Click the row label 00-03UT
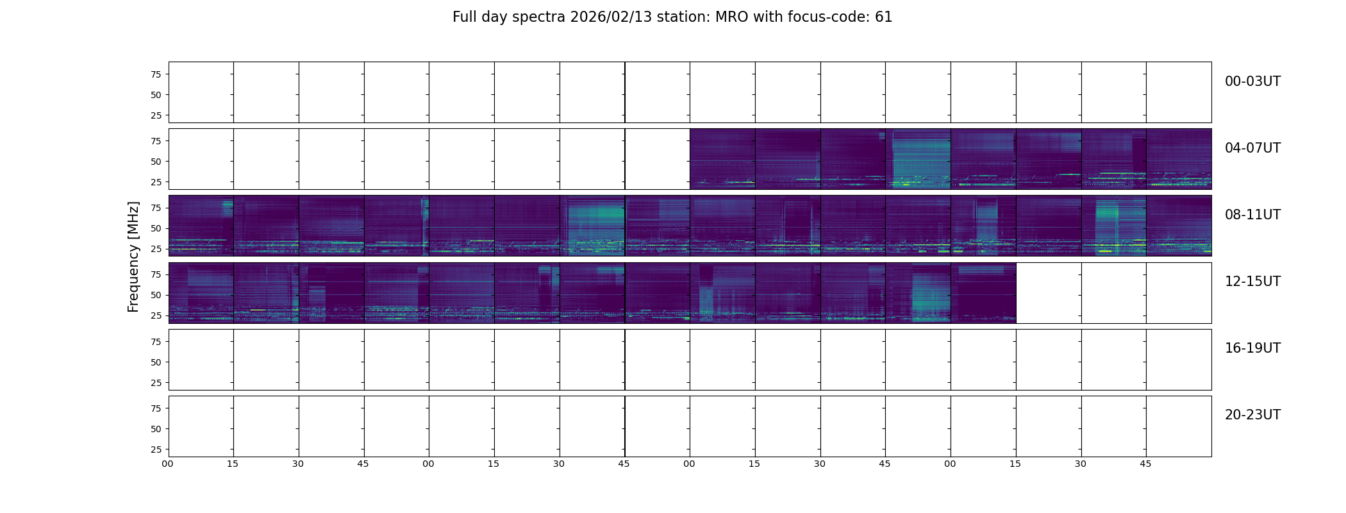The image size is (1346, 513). [1252, 81]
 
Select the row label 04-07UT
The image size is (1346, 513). [1252, 148]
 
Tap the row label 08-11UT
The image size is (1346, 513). [1252, 215]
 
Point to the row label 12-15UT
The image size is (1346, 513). [1252, 282]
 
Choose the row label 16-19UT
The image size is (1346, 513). [1252, 348]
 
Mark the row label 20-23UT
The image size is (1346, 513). [1252, 415]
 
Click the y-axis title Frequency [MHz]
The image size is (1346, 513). [133, 256]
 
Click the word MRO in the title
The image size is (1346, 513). [722, 17]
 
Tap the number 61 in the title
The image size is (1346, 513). [883, 17]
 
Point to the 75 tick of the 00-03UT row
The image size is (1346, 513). [156, 74]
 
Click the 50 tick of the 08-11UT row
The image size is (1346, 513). [156, 228]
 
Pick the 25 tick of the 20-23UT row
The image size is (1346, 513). [156, 450]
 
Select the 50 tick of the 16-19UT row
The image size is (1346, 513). [156, 362]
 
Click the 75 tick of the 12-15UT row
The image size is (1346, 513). [156, 274]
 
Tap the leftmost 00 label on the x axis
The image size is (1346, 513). [168, 464]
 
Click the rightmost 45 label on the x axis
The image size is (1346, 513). [1145, 464]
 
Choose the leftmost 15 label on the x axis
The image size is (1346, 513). [233, 464]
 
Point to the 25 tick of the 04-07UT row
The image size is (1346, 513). [156, 182]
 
